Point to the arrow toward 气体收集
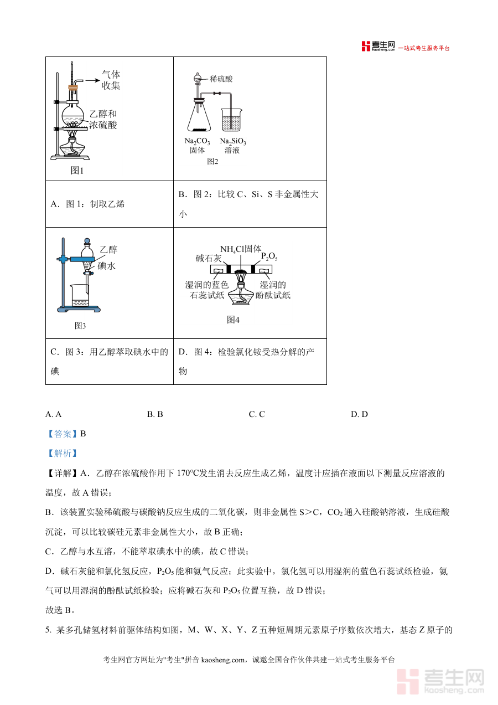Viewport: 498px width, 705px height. [x=91, y=81]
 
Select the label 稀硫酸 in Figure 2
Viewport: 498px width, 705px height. [x=221, y=79]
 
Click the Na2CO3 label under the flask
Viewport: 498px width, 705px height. [x=198, y=141]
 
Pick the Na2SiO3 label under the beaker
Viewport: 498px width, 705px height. [x=233, y=141]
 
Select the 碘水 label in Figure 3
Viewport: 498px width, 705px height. [x=107, y=266]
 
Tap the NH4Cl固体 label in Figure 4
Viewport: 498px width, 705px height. [x=241, y=249]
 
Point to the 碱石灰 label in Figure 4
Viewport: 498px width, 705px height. [x=209, y=258]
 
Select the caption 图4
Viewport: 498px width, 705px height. [x=233, y=320]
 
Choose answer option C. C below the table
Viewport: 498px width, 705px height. [x=257, y=414]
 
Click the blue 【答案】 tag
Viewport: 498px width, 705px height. [x=62, y=434]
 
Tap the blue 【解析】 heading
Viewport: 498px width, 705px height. [x=62, y=453]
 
